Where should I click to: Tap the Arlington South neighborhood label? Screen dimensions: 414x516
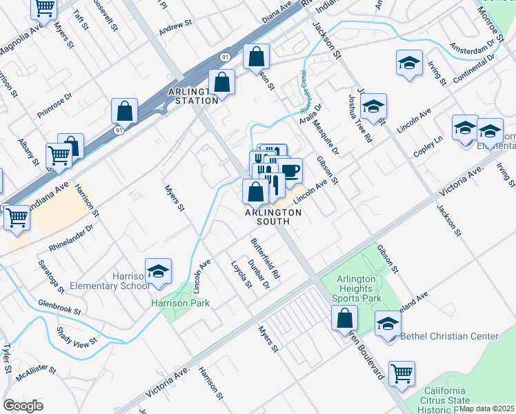[273, 217]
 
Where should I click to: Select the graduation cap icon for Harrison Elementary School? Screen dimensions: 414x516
[158, 272]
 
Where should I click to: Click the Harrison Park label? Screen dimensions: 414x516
[181, 303]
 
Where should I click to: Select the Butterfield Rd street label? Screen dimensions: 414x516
[265, 257]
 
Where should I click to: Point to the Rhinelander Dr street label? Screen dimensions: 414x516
[70, 236]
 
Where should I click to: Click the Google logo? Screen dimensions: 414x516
[23, 406]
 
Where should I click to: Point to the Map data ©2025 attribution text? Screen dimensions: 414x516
[487, 408]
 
